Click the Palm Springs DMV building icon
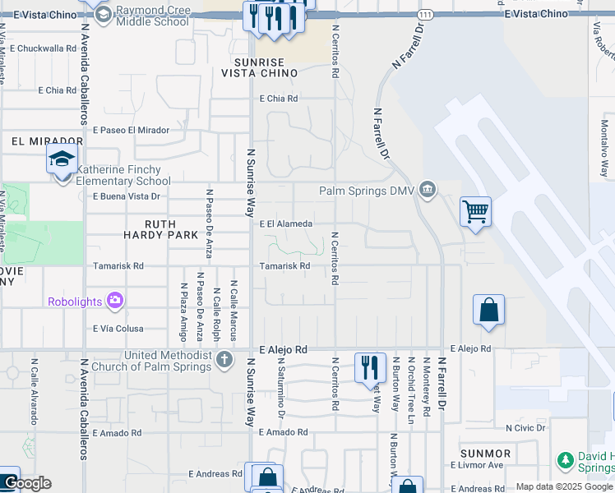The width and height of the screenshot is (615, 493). click(x=427, y=191)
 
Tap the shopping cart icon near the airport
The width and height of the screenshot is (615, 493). click(x=475, y=212)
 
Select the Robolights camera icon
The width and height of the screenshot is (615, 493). click(x=116, y=301)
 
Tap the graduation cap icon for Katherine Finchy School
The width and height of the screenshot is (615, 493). click(x=62, y=159)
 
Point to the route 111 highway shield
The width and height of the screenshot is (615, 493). click(x=424, y=16)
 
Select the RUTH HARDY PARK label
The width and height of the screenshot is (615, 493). click(x=171, y=229)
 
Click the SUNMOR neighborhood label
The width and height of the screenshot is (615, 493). click(x=486, y=453)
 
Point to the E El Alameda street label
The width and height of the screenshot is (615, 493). click(x=285, y=223)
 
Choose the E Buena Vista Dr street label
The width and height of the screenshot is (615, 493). click(x=126, y=196)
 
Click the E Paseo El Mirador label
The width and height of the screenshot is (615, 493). click(x=131, y=130)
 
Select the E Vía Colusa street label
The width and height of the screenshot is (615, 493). click(x=118, y=329)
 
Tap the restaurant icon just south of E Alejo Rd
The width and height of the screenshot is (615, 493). click(x=370, y=366)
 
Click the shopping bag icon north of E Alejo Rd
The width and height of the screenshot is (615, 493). click(x=488, y=311)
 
